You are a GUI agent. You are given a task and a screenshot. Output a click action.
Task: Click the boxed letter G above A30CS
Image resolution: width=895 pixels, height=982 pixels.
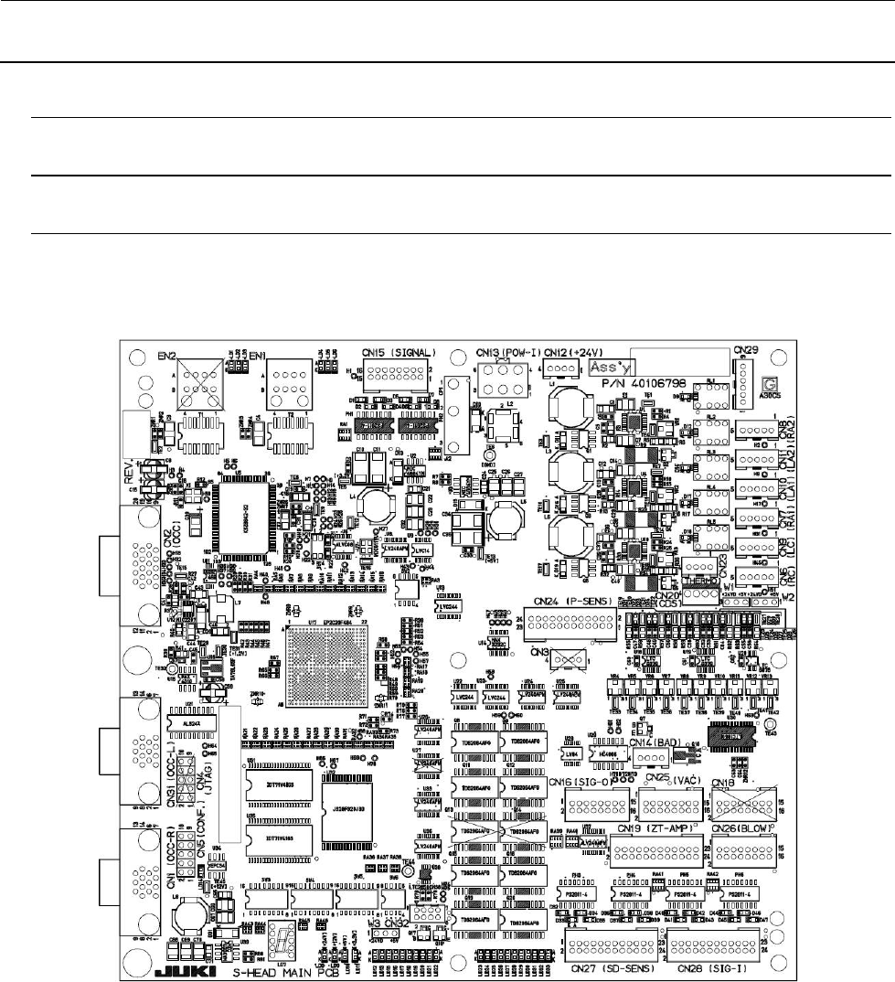[x=770, y=385]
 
